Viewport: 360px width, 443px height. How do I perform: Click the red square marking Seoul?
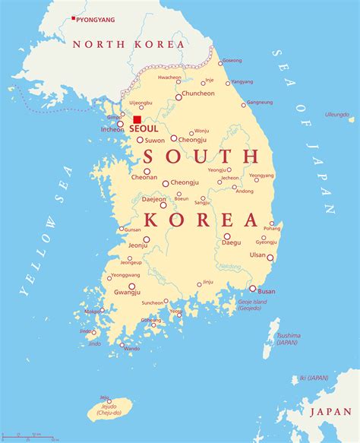(137, 120)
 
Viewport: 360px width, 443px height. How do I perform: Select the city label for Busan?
(267, 291)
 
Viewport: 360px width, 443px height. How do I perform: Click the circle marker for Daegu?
(226, 236)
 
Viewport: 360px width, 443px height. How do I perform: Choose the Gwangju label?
(127, 293)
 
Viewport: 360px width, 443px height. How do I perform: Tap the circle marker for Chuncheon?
(179, 97)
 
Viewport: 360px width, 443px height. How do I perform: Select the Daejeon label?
(154, 199)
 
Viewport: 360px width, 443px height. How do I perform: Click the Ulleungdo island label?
(336, 114)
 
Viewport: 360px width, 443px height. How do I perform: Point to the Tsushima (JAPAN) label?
(288, 338)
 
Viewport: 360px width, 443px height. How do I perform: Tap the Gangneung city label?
(260, 102)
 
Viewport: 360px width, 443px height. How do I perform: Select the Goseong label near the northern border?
(232, 61)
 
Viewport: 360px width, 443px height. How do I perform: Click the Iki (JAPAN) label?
(313, 378)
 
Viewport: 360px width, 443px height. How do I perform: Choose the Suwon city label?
(155, 141)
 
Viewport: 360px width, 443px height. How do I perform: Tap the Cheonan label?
(144, 177)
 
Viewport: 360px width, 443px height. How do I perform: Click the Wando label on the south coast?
(131, 349)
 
